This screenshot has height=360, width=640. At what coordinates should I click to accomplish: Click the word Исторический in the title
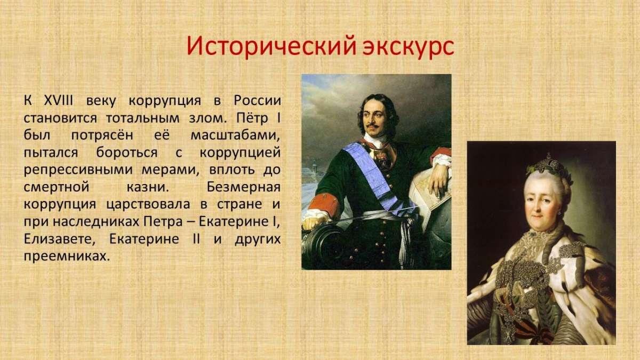pyautogui.click(x=271, y=46)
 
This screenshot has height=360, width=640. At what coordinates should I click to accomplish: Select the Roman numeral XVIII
pyautogui.click(x=59, y=101)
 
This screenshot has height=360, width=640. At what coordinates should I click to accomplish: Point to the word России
pyautogui.click(x=258, y=101)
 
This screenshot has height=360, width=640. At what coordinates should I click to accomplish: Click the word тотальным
pyautogui.click(x=142, y=118)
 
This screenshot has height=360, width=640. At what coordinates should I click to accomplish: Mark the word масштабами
pyautogui.click(x=235, y=135)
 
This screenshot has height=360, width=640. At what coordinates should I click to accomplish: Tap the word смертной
pyautogui.click(x=57, y=187)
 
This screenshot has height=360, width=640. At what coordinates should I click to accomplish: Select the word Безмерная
pyautogui.click(x=244, y=187)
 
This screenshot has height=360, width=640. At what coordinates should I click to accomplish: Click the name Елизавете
pyautogui.click(x=59, y=239)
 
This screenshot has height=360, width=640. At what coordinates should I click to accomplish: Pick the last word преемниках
pyautogui.click(x=67, y=257)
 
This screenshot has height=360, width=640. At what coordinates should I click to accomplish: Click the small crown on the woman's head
pyautogui.click(x=549, y=164)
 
